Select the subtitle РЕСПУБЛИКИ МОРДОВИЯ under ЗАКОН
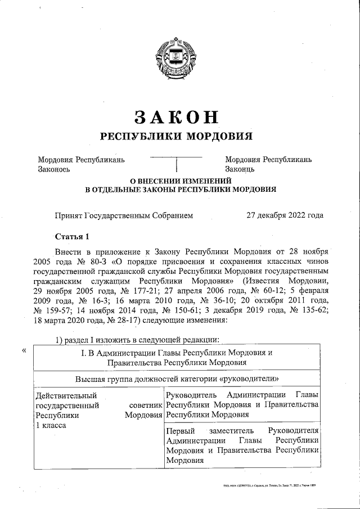pyautogui.click(x=176, y=136)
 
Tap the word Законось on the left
pyautogui.click(x=54, y=169)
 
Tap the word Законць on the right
pyautogui.click(x=240, y=169)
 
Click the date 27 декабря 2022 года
pyautogui.click(x=285, y=215)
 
